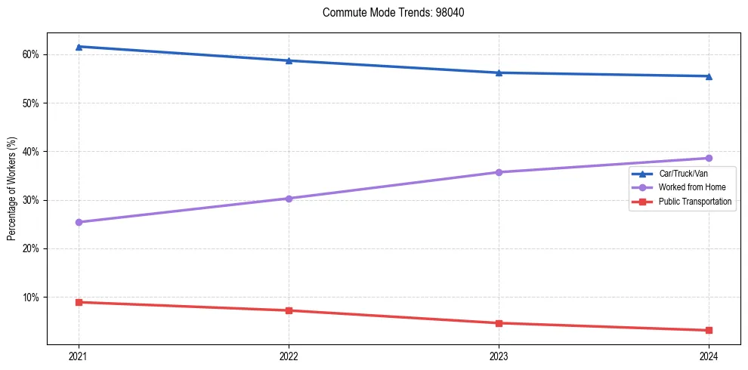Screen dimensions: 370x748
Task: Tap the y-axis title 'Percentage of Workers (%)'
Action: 12,189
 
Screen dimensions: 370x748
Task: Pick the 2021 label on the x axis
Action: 79,355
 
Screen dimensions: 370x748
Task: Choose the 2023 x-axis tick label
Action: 499,355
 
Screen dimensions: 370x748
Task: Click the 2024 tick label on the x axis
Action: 709,355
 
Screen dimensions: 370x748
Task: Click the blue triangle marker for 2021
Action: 79,47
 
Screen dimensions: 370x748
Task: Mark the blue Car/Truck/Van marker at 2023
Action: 499,72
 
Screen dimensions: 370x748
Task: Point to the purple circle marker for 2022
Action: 289,199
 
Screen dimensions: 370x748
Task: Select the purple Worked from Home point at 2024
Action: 709,158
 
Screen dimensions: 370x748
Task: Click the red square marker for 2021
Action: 79,302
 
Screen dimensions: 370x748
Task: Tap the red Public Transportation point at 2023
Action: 499,323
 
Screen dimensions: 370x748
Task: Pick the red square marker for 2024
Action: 709,330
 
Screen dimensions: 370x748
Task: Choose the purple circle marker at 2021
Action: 79,222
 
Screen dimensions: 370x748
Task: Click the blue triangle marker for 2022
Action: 289,60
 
